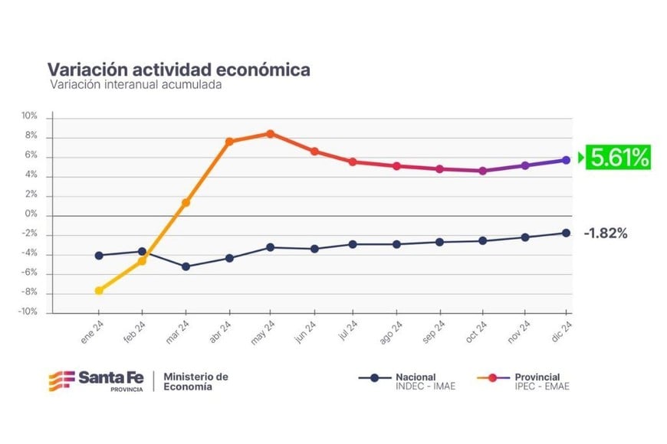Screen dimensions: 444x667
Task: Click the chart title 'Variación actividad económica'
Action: tap(179, 70)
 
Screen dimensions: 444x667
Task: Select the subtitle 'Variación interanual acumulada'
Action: tap(136, 86)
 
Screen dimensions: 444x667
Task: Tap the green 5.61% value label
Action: tap(619, 158)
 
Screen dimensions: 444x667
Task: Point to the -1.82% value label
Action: tap(606, 233)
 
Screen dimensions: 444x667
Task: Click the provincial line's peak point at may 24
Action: tap(271, 133)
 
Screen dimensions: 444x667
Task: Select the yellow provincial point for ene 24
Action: tap(99, 291)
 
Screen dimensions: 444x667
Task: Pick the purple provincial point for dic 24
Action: tap(567, 160)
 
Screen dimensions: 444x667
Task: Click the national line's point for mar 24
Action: tap(186, 266)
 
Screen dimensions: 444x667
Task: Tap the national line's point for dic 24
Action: tap(567, 233)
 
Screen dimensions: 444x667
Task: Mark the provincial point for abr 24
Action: tap(228, 142)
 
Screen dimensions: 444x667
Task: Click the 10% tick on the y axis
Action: tap(29, 116)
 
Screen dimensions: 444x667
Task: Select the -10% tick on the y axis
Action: tap(28, 312)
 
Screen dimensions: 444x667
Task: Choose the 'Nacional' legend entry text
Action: tap(416, 377)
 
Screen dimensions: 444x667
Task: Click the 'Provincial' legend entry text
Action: tap(537, 377)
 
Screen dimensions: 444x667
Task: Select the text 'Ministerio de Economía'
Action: tap(196, 381)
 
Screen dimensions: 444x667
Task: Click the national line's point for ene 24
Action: tap(99, 255)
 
